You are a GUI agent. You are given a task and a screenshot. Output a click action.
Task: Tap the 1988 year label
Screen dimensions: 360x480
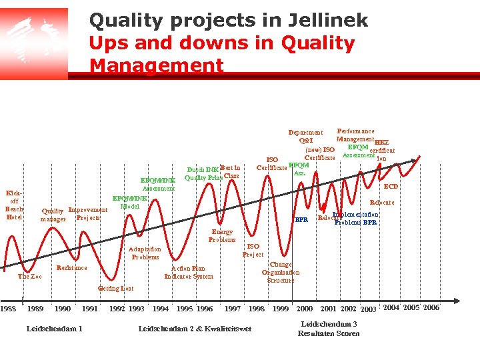(9, 309)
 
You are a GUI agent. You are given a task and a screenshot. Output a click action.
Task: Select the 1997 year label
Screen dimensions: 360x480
(233, 309)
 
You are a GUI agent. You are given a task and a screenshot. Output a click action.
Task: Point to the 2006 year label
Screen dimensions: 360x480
(431, 307)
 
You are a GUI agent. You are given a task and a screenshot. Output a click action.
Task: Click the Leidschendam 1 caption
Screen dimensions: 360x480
(54, 328)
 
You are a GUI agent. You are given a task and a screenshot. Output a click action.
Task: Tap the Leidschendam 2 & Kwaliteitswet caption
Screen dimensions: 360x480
(195, 328)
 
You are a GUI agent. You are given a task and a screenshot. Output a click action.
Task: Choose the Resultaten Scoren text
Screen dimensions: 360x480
(329, 333)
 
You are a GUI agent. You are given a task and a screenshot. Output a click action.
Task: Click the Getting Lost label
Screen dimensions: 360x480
(116, 289)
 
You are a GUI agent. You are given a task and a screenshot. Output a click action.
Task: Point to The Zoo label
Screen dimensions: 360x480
(30, 276)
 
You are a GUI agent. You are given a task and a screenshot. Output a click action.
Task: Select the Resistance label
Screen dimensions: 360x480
(72, 268)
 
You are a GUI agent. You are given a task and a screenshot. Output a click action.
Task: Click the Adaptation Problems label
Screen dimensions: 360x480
(145, 253)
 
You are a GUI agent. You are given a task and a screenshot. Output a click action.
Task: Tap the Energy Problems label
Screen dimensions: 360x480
(222, 235)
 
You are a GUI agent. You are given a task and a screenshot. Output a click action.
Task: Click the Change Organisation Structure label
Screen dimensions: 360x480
(281, 272)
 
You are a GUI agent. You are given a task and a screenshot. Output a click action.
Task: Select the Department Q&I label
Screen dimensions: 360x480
(305, 136)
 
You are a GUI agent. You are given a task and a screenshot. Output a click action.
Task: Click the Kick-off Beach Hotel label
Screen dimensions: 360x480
(14, 205)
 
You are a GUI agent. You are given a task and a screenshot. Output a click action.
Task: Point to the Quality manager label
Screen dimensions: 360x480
(53, 215)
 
